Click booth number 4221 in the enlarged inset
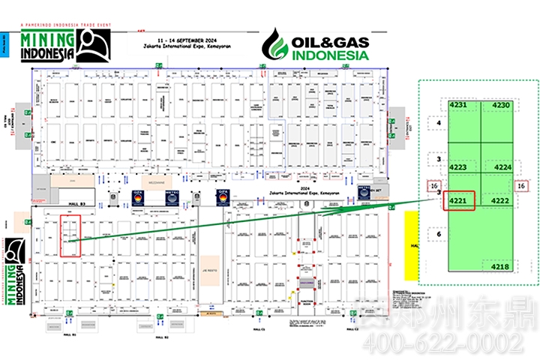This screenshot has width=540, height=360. click(457, 201)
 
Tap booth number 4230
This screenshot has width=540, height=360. click(502, 106)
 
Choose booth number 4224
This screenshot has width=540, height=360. click(501, 167)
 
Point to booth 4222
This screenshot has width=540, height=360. click(500, 201)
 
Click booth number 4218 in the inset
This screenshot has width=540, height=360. click(500, 266)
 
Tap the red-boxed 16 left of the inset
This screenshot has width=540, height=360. click(434, 186)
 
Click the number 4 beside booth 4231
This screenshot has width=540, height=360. click(438, 122)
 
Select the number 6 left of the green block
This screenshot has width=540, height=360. click(438, 233)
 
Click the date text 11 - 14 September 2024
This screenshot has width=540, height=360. click(186, 37)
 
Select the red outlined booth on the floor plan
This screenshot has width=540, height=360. click(70, 237)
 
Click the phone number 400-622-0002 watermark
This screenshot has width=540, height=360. click(442, 343)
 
